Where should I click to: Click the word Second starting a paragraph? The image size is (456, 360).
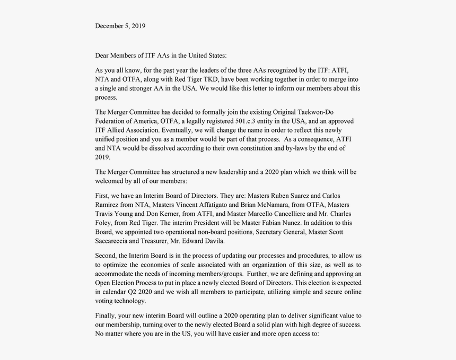click(x=107, y=255)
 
